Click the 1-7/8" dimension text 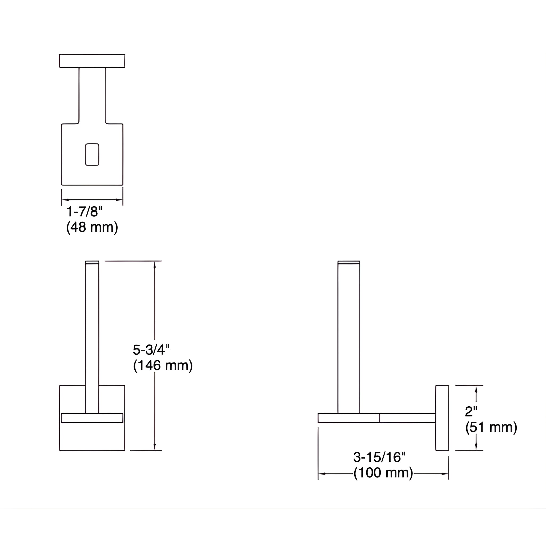(85, 212)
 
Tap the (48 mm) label (92, 227)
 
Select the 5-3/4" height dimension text (151, 350)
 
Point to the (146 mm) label (163, 366)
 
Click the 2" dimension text (471, 411)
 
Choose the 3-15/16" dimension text (379, 457)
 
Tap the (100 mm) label (383, 473)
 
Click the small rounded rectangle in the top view (92, 154)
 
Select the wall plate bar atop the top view (92, 61)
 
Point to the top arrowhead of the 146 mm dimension (155, 265)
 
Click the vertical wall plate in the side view (442, 418)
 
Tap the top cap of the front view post (92, 262)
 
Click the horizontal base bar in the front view (92, 418)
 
